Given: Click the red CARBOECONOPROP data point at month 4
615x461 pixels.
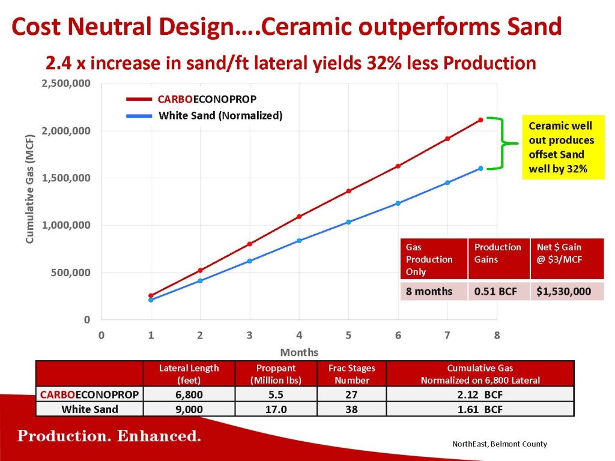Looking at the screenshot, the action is (x=299, y=216).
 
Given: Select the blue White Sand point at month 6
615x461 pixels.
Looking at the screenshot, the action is (x=398, y=203).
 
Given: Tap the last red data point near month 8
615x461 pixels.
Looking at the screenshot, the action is (x=481, y=120).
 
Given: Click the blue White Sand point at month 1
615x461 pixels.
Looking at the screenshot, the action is (x=151, y=300).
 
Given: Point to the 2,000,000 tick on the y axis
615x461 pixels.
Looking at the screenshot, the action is (x=66, y=130).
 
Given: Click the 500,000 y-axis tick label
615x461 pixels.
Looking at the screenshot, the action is (x=71, y=273).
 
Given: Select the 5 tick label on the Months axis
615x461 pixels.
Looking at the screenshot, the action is (x=348, y=336).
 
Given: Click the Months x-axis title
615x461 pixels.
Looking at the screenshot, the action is (x=299, y=352).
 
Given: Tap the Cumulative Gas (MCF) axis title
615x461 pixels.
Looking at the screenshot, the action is (x=30, y=189).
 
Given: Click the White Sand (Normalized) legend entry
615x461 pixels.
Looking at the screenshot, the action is (x=204, y=116).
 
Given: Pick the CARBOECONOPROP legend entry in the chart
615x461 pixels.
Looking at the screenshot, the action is (x=192, y=99).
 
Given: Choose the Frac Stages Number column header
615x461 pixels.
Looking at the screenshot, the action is (x=352, y=374).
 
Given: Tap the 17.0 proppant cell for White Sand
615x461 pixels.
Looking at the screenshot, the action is (x=276, y=409).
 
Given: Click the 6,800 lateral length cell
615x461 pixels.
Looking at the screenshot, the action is (x=189, y=394).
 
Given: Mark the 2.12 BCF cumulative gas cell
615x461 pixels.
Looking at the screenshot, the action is (x=480, y=394).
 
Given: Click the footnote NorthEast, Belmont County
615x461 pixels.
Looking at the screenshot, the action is (x=499, y=444).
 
